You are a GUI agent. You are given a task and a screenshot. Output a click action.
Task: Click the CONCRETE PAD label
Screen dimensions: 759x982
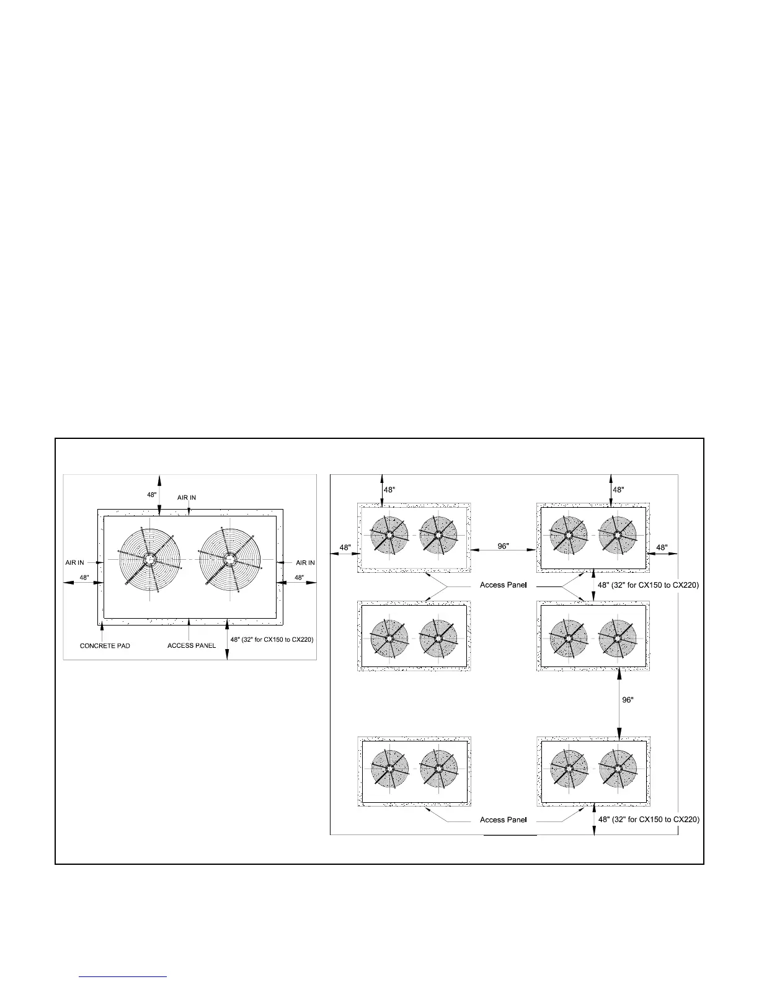click(105, 645)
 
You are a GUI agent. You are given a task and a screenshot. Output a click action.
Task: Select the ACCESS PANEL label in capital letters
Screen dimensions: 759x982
click(192, 645)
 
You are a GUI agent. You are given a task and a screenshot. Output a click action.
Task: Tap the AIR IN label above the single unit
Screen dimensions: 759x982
click(187, 497)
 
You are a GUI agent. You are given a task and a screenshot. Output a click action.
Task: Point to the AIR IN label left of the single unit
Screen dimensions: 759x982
click(75, 562)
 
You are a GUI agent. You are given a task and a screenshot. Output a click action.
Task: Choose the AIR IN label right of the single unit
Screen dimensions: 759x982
click(305, 562)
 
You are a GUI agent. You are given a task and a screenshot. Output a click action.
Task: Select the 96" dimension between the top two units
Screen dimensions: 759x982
click(503, 546)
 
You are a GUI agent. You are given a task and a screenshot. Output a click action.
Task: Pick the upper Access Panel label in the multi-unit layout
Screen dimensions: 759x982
click(504, 585)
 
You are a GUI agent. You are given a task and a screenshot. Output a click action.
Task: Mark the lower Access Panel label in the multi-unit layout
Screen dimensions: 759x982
click(504, 820)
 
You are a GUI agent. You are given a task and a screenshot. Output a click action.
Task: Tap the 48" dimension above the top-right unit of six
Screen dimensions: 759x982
click(618, 489)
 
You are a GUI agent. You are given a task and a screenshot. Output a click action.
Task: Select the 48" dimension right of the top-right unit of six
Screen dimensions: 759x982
click(662, 547)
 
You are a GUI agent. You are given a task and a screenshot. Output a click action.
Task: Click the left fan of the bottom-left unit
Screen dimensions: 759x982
click(389, 769)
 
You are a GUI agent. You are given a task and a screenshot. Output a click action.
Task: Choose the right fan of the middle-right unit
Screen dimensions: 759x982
click(617, 637)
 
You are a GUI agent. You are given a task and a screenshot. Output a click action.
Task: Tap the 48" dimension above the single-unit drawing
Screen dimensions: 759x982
click(151, 495)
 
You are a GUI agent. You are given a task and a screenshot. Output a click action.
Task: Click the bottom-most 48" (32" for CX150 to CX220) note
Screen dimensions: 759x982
click(649, 820)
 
